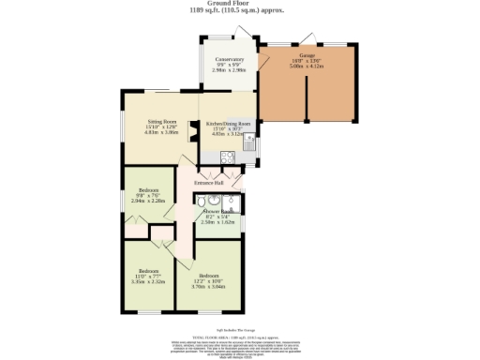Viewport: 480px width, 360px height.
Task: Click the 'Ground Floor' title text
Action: (239, 4)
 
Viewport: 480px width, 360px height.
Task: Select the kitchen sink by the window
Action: (250, 138)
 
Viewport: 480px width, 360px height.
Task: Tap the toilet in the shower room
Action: (202, 200)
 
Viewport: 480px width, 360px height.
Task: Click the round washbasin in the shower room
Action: (216, 200)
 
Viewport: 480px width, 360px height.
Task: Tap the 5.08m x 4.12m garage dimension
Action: (307, 67)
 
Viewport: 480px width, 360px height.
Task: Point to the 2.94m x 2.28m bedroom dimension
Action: (148, 200)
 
